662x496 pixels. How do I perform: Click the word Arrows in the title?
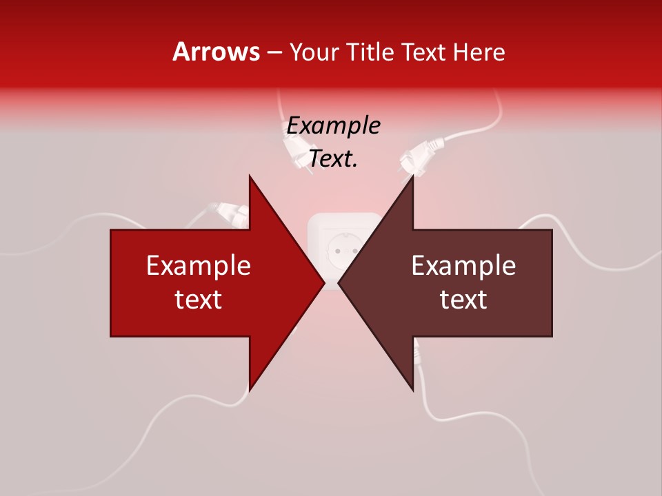[216, 52]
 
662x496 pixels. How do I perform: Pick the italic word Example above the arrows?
[333, 126]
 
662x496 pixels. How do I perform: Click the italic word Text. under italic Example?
[333, 159]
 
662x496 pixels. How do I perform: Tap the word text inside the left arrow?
[198, 300]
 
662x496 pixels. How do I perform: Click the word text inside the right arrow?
[463, 300]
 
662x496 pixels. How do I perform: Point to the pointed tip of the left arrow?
[323, 282]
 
